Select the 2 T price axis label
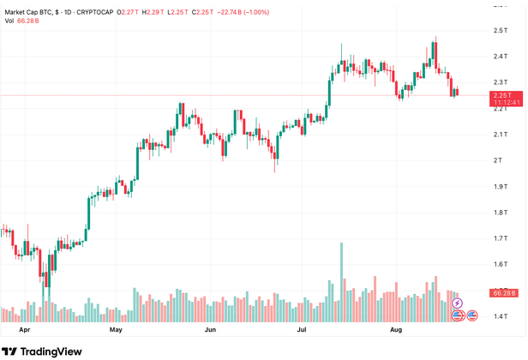coord(497,160)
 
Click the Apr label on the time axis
coord(24,329)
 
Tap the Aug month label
coord(396,329)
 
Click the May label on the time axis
coord(117,329)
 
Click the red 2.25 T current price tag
coord(501,94)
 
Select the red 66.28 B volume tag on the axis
coord(502,293)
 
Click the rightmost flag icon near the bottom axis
coord(472,316)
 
